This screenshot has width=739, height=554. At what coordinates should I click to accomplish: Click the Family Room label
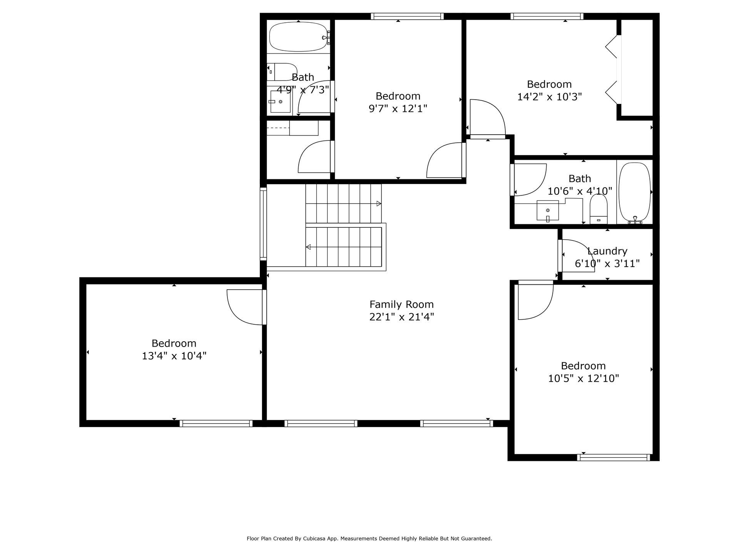[x=401, y=304]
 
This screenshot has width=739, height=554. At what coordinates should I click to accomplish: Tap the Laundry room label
[x=607, y=251]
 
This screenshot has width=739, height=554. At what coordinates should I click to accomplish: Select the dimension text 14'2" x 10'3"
[x=549, y=97]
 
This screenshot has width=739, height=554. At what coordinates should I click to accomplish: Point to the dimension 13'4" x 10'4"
[x=174, y=356]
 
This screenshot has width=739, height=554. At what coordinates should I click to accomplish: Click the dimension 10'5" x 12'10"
[x=584, y=379]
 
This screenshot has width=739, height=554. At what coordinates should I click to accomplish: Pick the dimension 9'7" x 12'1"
[x=398, y=109]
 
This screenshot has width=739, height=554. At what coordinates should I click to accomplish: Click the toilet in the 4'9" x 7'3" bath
[x=282, y=72]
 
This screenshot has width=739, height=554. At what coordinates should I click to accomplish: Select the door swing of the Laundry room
[x=578, y=255]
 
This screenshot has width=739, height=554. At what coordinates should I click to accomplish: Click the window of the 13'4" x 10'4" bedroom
[x=216, y=423]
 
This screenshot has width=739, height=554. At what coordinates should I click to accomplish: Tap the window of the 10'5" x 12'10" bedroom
[x=614, y=457]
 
